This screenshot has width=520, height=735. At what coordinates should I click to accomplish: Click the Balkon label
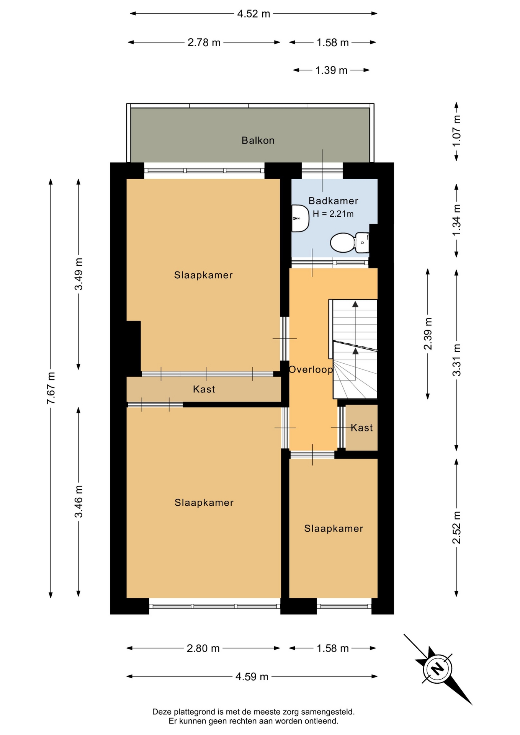point(258,140)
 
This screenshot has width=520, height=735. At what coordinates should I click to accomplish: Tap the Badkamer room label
point(333,201)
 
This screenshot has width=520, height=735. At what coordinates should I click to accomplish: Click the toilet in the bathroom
point(350,243)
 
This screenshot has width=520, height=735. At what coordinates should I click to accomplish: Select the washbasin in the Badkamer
point(300,218)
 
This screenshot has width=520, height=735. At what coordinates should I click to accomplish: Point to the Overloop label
point(311,369)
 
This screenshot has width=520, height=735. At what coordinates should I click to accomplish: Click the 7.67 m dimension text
point(51,387)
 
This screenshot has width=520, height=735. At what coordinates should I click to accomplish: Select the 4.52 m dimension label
point(253,14)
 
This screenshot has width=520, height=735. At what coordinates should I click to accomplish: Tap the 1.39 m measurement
point(331,70)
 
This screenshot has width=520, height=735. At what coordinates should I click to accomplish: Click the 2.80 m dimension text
point(203,648)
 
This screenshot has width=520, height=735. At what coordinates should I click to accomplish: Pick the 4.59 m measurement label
point(252,676)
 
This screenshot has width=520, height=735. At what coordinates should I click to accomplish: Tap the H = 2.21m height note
point(333,214)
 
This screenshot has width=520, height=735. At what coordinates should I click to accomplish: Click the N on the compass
point(438,669)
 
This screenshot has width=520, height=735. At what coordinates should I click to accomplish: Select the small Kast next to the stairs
point(361,428)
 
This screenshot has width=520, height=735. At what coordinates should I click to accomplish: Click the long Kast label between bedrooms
point(204,389)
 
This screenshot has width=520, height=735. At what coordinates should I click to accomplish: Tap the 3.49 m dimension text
point(78,274)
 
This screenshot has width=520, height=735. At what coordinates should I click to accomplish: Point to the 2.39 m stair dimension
point(428,334)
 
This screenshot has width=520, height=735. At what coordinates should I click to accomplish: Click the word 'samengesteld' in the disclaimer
point(328,712)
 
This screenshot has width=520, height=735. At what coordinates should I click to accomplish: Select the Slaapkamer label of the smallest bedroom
point(334,529)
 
